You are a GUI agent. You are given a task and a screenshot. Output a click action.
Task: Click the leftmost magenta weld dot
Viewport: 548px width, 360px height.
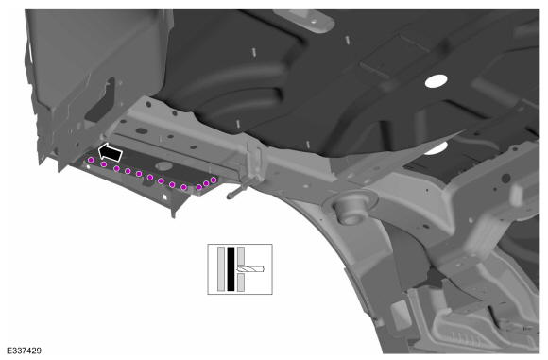pos(91,160)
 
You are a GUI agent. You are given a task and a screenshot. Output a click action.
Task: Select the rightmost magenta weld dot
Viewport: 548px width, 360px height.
pos(214,180)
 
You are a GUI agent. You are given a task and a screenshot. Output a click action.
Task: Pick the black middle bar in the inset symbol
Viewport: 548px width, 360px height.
pos(231,269)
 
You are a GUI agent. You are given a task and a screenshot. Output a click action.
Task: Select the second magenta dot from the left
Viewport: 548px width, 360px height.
pos(104,164)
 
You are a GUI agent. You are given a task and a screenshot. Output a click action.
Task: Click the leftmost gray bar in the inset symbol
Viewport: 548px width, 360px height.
pos(220,269)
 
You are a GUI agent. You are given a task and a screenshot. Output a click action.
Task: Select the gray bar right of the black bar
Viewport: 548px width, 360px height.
pos(241,269)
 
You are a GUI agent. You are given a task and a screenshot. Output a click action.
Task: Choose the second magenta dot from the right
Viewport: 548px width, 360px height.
pos(206,183)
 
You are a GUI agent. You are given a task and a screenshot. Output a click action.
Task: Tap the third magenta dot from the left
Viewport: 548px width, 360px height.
pos(116,169)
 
